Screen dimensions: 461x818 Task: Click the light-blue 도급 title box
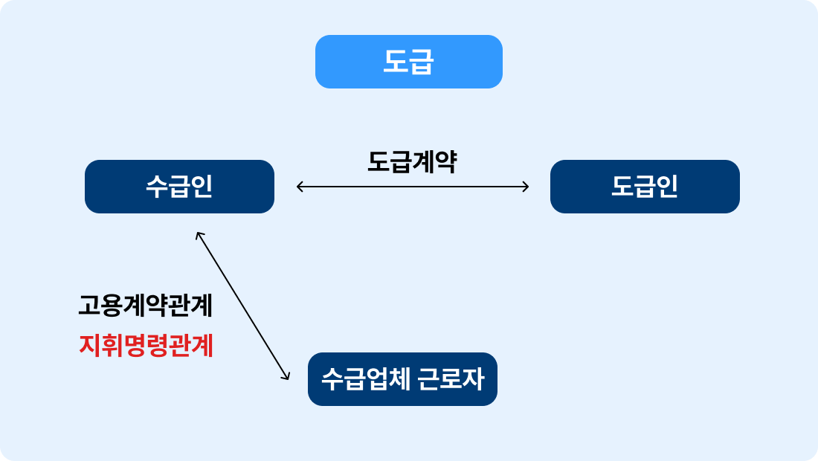[409, 62]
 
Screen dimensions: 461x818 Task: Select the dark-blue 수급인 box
[179, 187]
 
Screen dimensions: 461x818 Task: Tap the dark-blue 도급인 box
[645, 187]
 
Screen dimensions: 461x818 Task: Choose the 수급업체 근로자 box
[402, 379]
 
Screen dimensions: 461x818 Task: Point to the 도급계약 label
[412, 161]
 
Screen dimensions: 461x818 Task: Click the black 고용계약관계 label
[146, 306]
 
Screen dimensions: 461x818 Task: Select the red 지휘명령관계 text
[146, 346]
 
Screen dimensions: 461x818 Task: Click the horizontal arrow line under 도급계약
[413, 186]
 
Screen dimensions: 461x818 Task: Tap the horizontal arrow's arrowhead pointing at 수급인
[299, 186]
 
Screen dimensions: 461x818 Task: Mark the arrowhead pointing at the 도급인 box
[526, 186]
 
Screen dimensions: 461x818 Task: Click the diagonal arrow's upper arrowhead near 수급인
[199, 235]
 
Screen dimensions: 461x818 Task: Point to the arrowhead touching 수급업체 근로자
[286, 377]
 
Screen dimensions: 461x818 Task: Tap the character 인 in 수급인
[202, 187]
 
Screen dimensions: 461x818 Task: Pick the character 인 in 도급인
[667, 187]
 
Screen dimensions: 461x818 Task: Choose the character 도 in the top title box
[396, 62]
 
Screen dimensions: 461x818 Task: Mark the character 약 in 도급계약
[445, 161]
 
